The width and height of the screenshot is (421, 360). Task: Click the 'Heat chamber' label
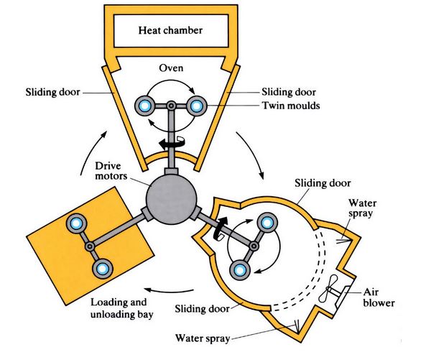(171, 31)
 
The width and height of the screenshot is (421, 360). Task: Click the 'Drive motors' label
(112, 172)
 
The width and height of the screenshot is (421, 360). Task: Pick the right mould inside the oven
(196, 106)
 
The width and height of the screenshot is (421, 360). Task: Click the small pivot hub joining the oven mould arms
(171, 106)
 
